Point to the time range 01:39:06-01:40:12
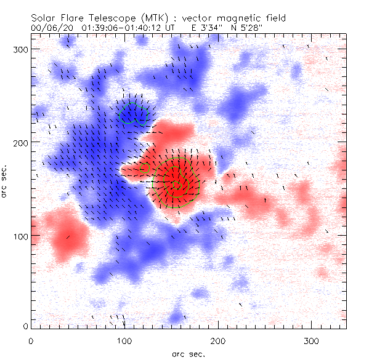125,28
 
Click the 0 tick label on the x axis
31,340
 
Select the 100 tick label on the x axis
124,340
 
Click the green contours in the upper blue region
134,113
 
